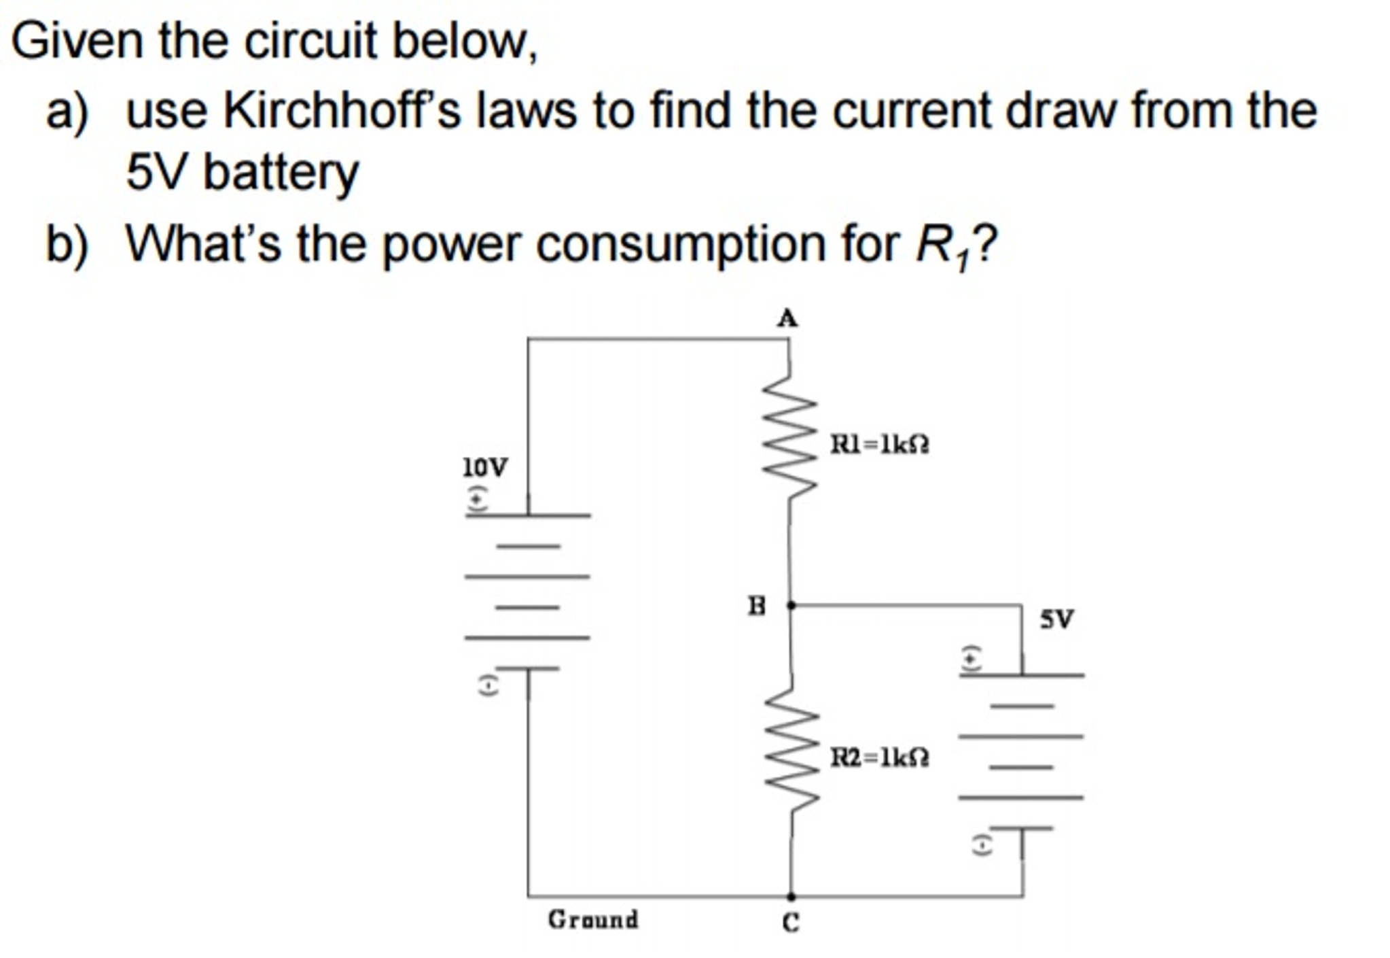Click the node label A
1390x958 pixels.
787,318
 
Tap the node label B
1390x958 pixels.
757,605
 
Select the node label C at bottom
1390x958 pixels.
791,923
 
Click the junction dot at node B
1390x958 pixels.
791,605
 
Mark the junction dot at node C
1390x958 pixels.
791,897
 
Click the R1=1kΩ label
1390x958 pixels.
880,445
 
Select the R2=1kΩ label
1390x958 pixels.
880,757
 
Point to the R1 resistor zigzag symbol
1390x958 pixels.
789,435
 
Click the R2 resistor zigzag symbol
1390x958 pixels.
791,748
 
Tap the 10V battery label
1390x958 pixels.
484,468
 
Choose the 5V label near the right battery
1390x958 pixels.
1057,619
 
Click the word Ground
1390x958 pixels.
593,919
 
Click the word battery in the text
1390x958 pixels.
281,173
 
